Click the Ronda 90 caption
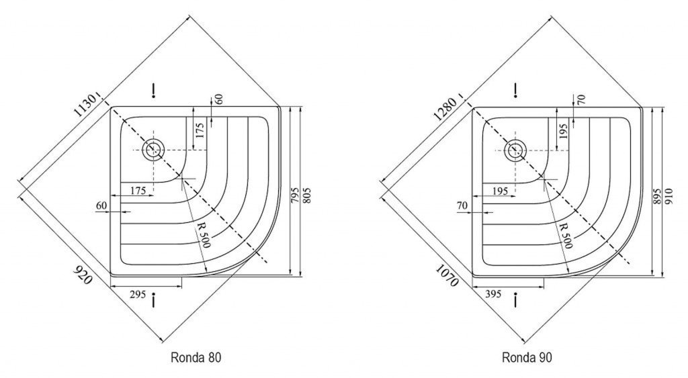[x=527, y=358]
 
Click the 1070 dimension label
[x=446, y=275]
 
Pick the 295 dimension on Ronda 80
[x=137, y=293]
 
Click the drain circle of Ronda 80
[x=154, y=149]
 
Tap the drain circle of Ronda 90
[x=515, y=150]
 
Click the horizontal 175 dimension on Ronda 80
[x=138, y=191]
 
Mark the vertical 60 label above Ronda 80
[x=219, y=99]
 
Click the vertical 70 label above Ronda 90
[x=581, y=99]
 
